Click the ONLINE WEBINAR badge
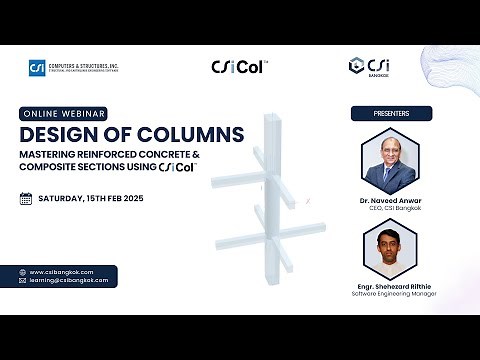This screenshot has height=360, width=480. click(62, 113)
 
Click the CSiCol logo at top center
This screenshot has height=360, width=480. click(239, 67)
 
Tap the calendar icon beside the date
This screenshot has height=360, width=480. click(26, 198)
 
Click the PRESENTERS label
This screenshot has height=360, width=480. click(391, 113)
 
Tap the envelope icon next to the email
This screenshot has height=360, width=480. click(22, 281)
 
